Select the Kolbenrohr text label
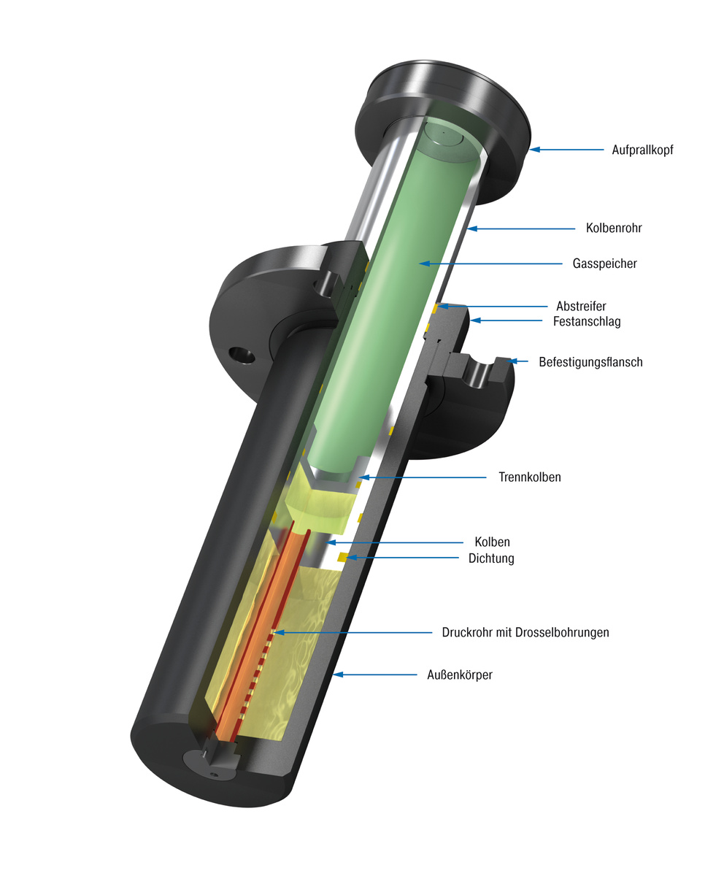pos(614,228)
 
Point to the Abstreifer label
pos(581,307)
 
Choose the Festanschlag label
pos(587,321)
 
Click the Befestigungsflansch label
pos(590,362)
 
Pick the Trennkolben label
pos(530,477)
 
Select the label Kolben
pos(492,542)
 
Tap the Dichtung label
pos(491,558)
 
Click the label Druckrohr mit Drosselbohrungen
pos(525,632)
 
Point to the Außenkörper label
pos(459,675)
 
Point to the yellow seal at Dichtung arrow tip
pos(342,558)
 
